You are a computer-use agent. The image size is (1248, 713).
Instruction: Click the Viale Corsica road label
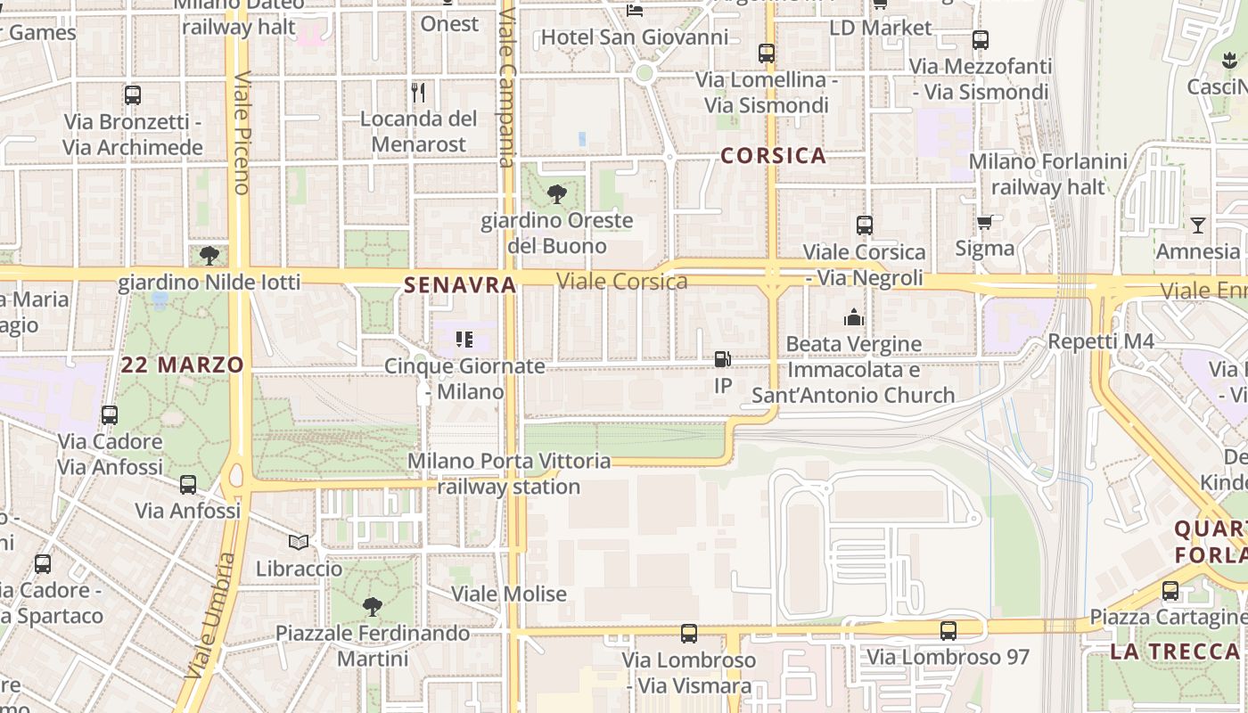coord(621,282)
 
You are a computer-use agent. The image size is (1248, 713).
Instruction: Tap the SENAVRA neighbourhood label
coord(460,285)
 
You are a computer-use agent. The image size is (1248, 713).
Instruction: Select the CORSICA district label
coord(773,156)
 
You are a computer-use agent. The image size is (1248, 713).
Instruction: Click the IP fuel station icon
coord(722,359)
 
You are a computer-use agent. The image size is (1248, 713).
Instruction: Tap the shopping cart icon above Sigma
coord(984,222)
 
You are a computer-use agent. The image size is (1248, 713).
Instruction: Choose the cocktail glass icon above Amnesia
coord(1197,225)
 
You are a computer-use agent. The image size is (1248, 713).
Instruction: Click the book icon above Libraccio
coord(299,542)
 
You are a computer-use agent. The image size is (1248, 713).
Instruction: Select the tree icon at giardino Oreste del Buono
coord(556,193)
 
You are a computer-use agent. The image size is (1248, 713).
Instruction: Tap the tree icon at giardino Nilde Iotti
coord(209,256)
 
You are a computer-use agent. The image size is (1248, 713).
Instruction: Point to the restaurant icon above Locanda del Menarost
coord(418,92)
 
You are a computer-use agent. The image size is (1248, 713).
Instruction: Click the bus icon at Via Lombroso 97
coord(948,631)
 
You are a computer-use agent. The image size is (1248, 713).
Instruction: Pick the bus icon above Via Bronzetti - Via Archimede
coord(133,95)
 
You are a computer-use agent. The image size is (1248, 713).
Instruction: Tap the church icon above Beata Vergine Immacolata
coord(854,317)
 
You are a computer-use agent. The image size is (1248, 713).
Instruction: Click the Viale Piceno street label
coord(241,134)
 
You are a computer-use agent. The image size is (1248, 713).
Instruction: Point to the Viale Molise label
coord(508,594)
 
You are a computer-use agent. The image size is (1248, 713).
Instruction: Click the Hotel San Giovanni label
coord(634,37)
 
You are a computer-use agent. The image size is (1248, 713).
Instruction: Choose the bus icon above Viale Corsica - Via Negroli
coord(864,225)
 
